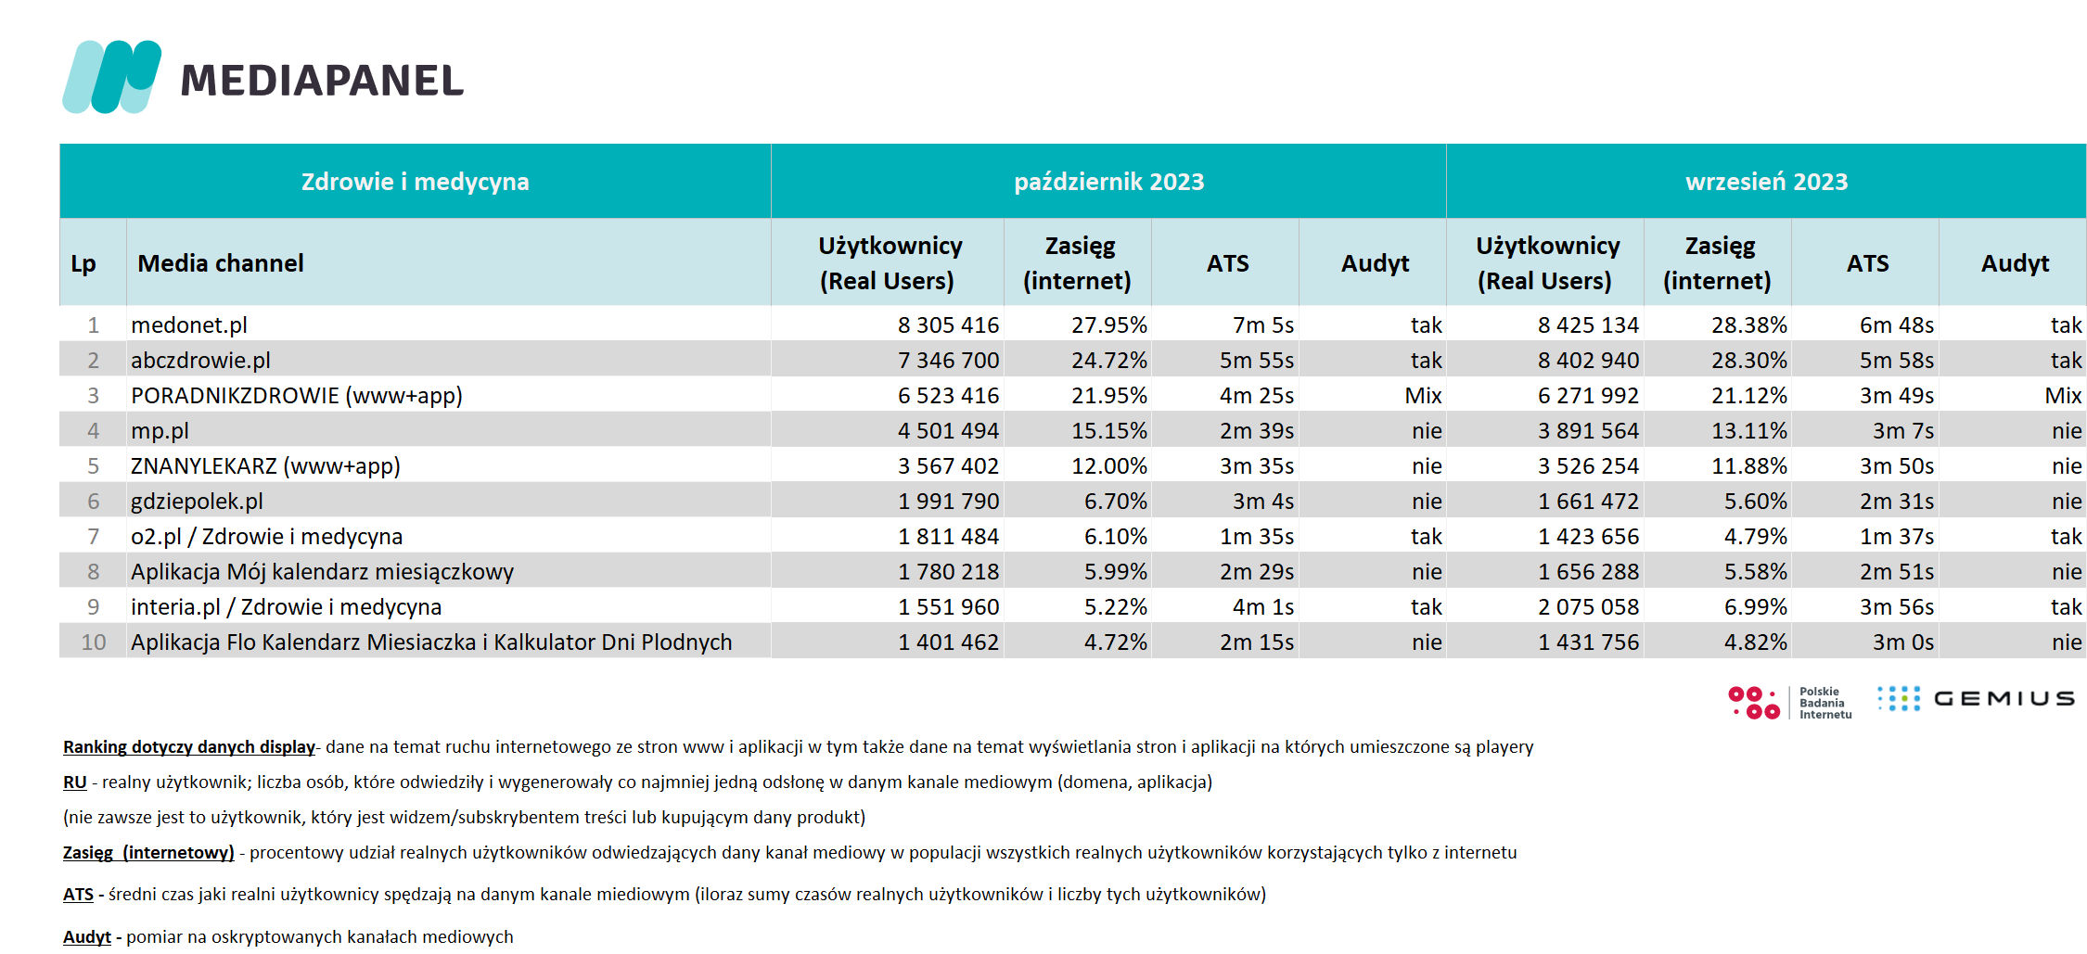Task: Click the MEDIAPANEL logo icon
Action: point(111,77)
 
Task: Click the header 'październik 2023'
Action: point(1108,182)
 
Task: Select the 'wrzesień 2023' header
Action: point(1766,182)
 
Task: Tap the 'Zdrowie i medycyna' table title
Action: point(415,182)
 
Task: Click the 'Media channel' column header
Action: point(221,263)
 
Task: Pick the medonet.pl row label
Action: point(189,325)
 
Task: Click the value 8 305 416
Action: point(948,325)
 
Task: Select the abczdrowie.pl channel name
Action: point(200,361)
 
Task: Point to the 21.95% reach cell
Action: point(1108,396)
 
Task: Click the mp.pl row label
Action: point(160,431)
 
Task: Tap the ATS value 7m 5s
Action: point(1262,325)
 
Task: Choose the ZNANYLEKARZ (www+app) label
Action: point(265,466)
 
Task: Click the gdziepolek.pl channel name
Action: point(197,502)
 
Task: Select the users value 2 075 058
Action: point(1588,607)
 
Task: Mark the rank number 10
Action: point(94,642)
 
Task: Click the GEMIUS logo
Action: point(1976,699)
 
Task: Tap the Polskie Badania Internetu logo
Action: point(1789,703)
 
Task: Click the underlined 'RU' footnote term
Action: point(75,782)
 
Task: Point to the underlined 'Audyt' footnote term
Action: point(87,937)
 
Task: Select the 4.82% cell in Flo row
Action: point(1755,642)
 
